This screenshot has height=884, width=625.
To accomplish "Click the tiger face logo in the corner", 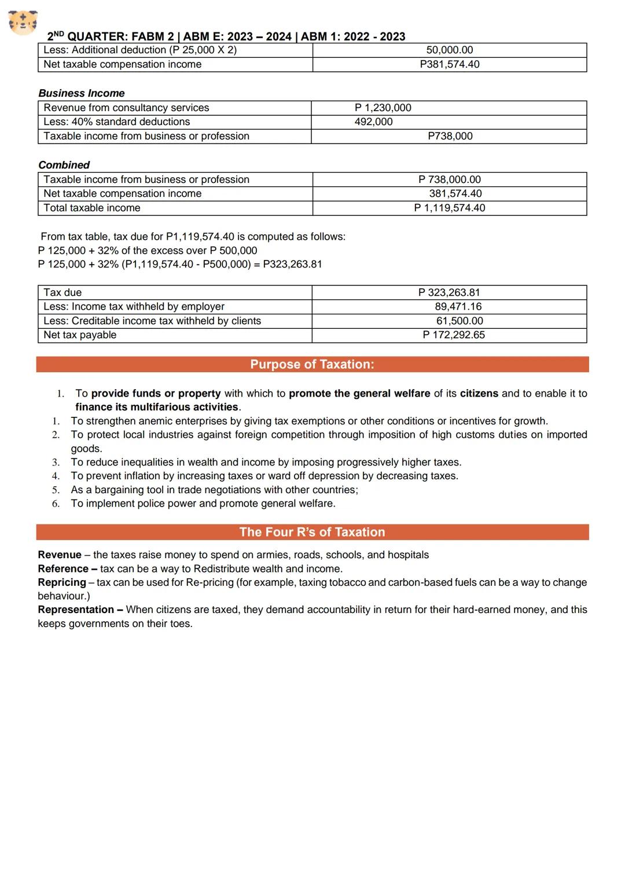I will tap(23, 23).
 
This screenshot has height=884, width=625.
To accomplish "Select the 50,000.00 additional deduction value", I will tap(449, 50).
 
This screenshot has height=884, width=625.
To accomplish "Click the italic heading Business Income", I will tap(82, 93).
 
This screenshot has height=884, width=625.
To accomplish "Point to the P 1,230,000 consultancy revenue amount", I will tap(383, 108).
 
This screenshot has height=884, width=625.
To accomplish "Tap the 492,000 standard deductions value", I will tap(373, 122).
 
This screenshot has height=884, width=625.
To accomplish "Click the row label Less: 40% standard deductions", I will tap(116, 122).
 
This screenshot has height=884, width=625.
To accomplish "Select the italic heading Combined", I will tap(64, 165).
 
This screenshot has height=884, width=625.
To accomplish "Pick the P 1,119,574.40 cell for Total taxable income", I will tap(449, 208).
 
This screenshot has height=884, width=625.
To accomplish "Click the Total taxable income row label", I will tap(91, 208).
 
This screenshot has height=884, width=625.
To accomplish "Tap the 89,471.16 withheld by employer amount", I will tap(458, 306).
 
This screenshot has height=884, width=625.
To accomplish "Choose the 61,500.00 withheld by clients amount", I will tap(459, 321).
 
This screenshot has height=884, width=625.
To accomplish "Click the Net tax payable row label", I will tap(80, 335).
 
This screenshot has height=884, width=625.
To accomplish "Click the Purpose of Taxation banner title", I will tap(312, 364).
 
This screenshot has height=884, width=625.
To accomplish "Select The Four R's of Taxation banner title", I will tap(312, 532).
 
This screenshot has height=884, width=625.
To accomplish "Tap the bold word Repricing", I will tap(62, 582).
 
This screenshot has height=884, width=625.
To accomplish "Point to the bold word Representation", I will tap(76, 610).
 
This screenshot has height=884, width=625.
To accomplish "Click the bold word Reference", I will tap(63, 568).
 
